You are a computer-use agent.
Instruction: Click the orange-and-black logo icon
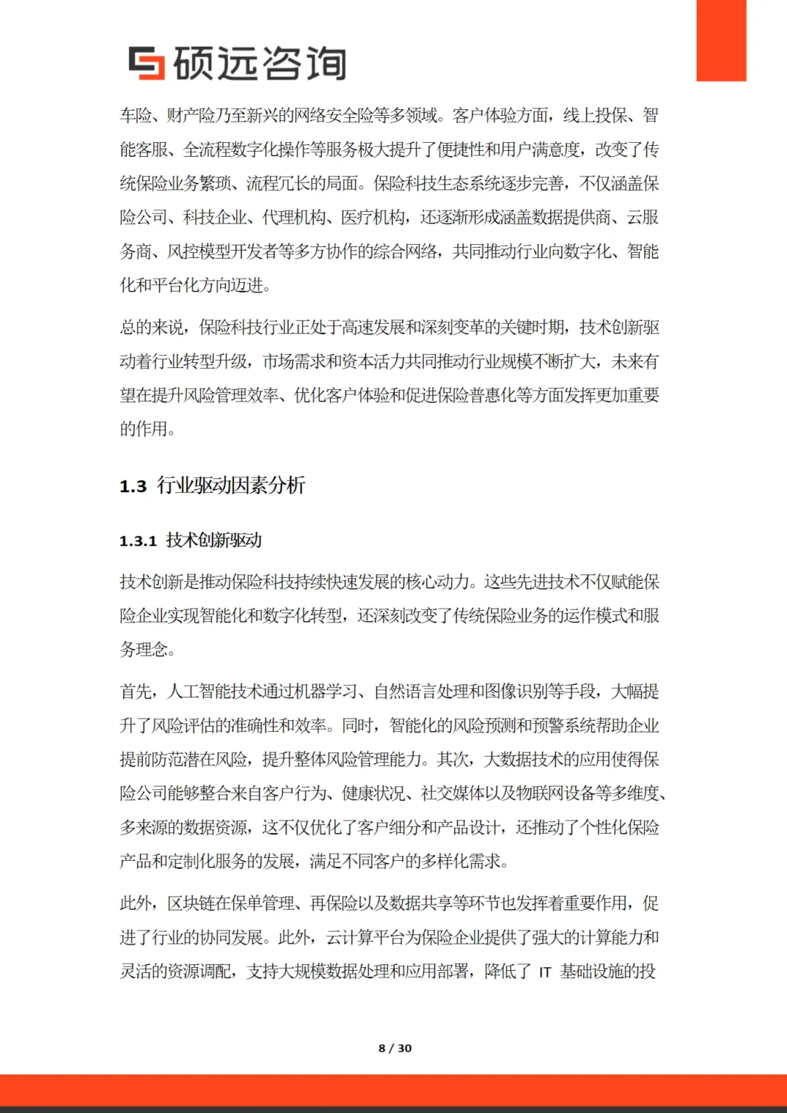click(146, 63)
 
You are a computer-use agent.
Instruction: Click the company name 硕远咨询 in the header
click(259, 63)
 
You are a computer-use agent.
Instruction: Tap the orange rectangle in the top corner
click(721, 40)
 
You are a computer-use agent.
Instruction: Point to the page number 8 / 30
click(394, 1048)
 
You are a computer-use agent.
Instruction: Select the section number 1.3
click(133, 486)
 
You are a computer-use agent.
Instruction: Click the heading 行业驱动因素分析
click(231, 485)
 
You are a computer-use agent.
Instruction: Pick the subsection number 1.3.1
click(138, 541)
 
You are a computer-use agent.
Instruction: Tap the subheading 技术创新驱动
click(214, 540)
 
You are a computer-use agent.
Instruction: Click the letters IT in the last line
click(545, 972)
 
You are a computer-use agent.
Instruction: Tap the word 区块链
click(191, 904)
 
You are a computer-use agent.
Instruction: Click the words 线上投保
click(595, 115)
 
